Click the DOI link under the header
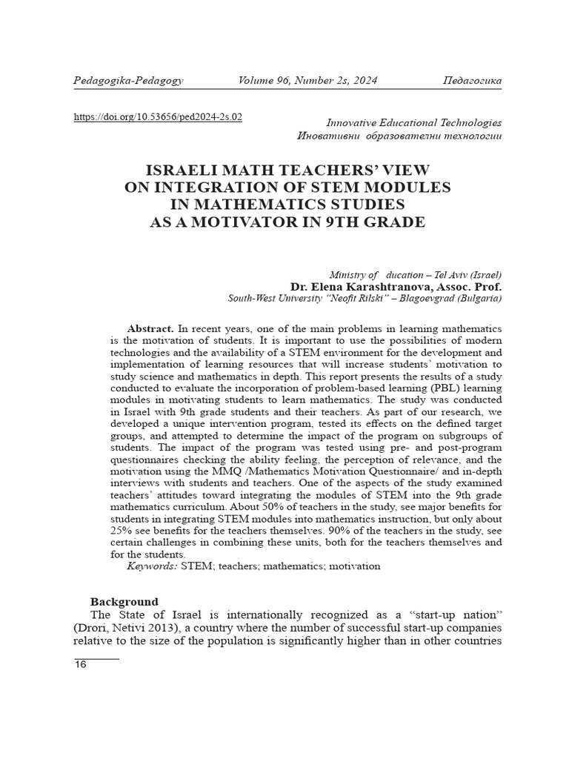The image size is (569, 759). pos(158,117)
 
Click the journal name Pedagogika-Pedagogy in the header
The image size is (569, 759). pos(128,80)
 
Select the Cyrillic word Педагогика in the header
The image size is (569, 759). pos(471,80)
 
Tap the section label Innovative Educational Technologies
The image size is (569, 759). pos(413,123)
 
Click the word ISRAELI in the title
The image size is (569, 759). pos(185,170)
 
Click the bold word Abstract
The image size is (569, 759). pos(150,328)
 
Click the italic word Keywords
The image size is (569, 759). pos(152,566)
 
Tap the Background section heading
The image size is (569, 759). pos(124,602)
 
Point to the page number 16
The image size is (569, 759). pos(80,664)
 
